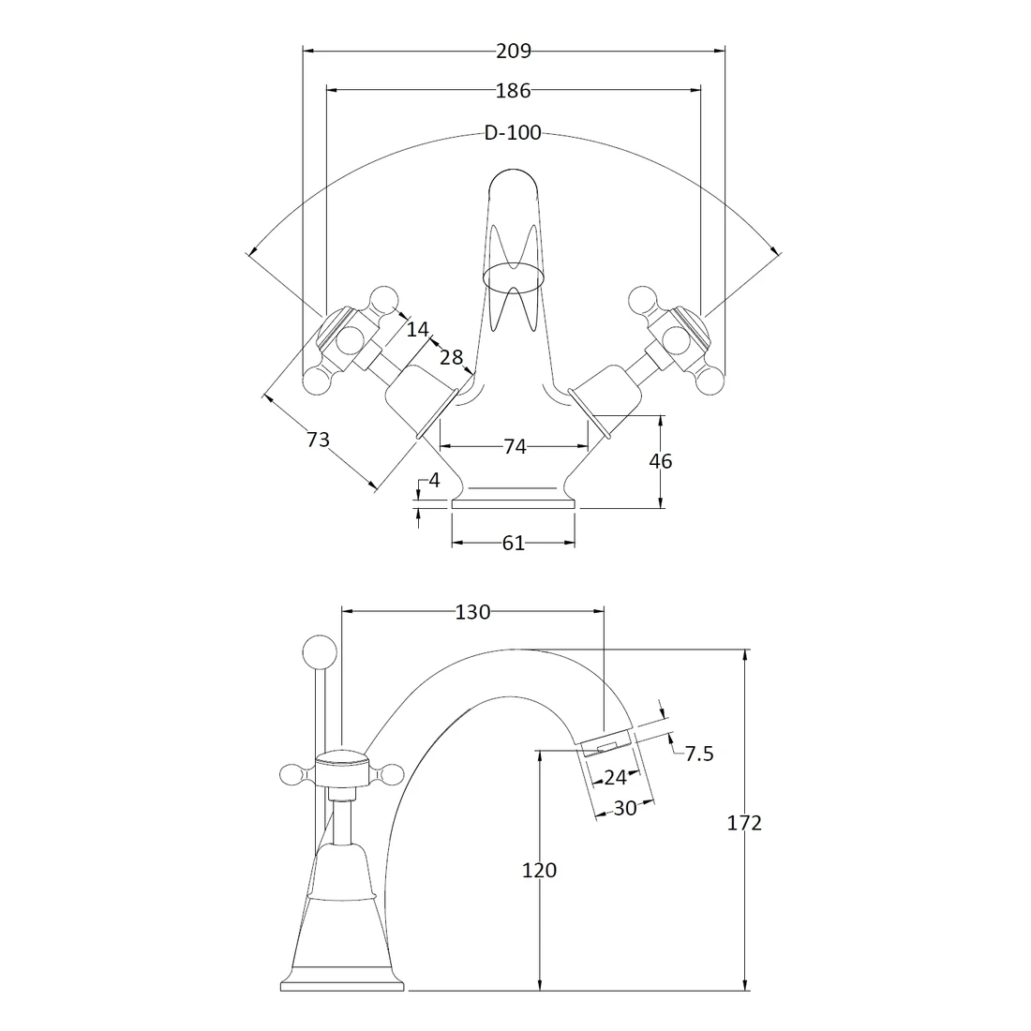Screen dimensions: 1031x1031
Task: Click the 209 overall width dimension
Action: (x=513, y=51)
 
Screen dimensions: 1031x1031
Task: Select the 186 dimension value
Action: (x=513, y=90)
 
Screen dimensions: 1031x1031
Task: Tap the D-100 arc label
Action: (x=513, y=133)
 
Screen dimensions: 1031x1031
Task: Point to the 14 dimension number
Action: (x=418, y=329)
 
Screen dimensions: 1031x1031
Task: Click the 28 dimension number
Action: (x=451, y=356)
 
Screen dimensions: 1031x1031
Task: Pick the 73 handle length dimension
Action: (x=318, y=438)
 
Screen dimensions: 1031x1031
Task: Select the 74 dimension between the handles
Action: (x=515, y=447)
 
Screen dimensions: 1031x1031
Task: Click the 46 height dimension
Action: (x=661, y=461)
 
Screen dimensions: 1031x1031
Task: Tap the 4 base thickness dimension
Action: (x=434, y=481)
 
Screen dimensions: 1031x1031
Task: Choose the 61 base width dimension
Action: (x=513, y=543)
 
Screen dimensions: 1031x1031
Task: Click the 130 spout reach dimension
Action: (x=472, y=612)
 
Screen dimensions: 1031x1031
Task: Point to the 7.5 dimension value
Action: (x=699, y=754)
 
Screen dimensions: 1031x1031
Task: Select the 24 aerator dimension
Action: (x=615, y=777)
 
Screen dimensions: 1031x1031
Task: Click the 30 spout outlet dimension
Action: (x=625, y=808)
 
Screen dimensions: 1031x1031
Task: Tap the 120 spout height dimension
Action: (x=539, y=870)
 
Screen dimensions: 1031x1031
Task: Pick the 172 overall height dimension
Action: (x=745, y=823)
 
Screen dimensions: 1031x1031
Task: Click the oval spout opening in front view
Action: (x=513, y=276)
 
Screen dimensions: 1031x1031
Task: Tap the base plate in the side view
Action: (x=343, y=985)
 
